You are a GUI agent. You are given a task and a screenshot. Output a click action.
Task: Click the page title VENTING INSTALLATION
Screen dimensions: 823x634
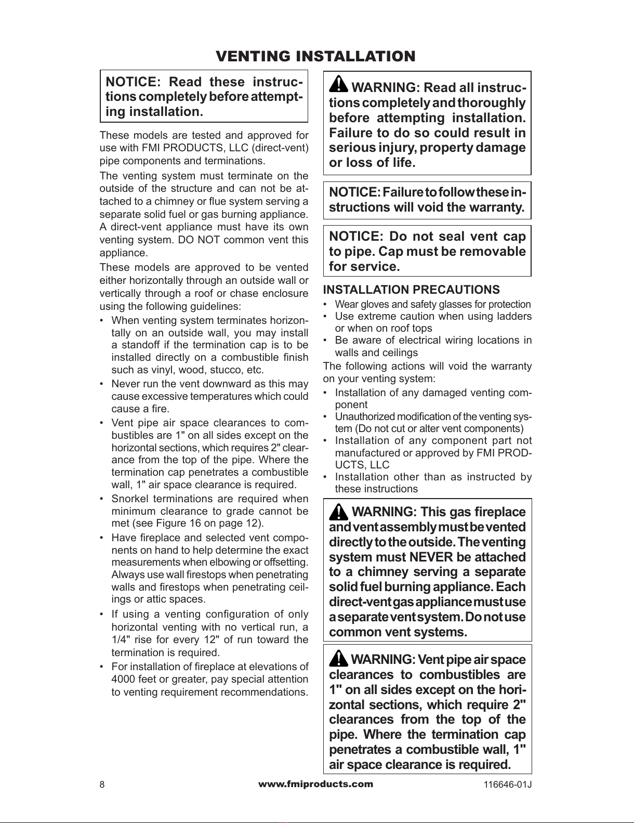315,56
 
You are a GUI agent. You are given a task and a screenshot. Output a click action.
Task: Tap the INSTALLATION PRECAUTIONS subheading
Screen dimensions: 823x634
411,290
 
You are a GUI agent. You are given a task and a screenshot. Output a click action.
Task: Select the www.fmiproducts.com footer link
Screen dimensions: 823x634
315,784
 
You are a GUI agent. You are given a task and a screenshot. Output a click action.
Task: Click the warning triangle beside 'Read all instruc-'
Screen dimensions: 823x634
339,84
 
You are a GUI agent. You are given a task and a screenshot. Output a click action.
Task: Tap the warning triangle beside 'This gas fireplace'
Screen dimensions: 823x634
339,512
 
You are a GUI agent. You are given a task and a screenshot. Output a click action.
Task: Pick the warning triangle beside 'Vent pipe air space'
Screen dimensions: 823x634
339,659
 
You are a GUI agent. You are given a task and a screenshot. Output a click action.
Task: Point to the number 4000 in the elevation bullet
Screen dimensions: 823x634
124,680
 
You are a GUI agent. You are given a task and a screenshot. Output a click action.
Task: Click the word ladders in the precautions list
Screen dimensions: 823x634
513,316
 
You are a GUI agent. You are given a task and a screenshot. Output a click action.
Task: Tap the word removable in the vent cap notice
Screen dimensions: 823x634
492,252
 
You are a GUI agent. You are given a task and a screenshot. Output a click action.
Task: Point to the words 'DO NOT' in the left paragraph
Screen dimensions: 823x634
194,240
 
